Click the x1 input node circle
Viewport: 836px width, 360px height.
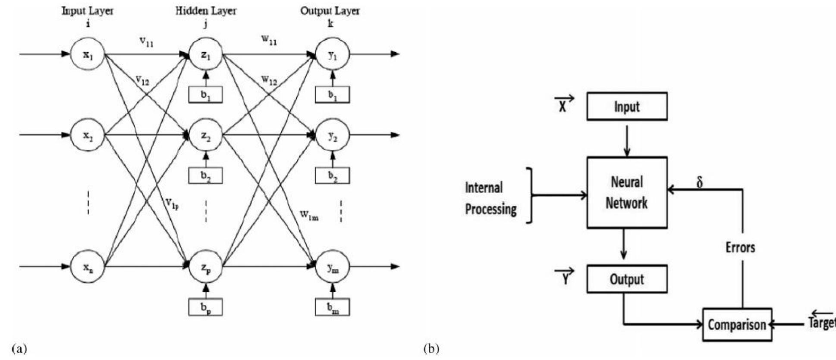[88, 54]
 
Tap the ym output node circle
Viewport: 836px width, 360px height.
[332, 267]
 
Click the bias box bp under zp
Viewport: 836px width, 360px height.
[206, 307]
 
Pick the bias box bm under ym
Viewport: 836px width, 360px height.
[332, 307]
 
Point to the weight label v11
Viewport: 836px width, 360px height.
[146, 42]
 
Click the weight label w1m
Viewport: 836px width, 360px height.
[309, 215]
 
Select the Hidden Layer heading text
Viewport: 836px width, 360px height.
[206, 11]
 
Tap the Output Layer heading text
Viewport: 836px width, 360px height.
[330, 11]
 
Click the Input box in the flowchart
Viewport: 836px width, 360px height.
[626, 106]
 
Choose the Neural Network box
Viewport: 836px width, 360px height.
[626, 192]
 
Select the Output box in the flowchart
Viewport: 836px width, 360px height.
[626, 279]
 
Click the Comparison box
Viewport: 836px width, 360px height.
[737, 324]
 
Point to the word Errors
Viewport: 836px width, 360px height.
[740, 247]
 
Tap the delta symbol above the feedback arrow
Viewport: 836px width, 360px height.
[700, 182]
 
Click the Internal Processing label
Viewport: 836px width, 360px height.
[490, 198]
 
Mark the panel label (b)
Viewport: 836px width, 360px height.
[432, 348]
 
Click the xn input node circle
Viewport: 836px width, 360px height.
[88, 267]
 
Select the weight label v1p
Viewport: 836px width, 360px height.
[171, 203]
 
